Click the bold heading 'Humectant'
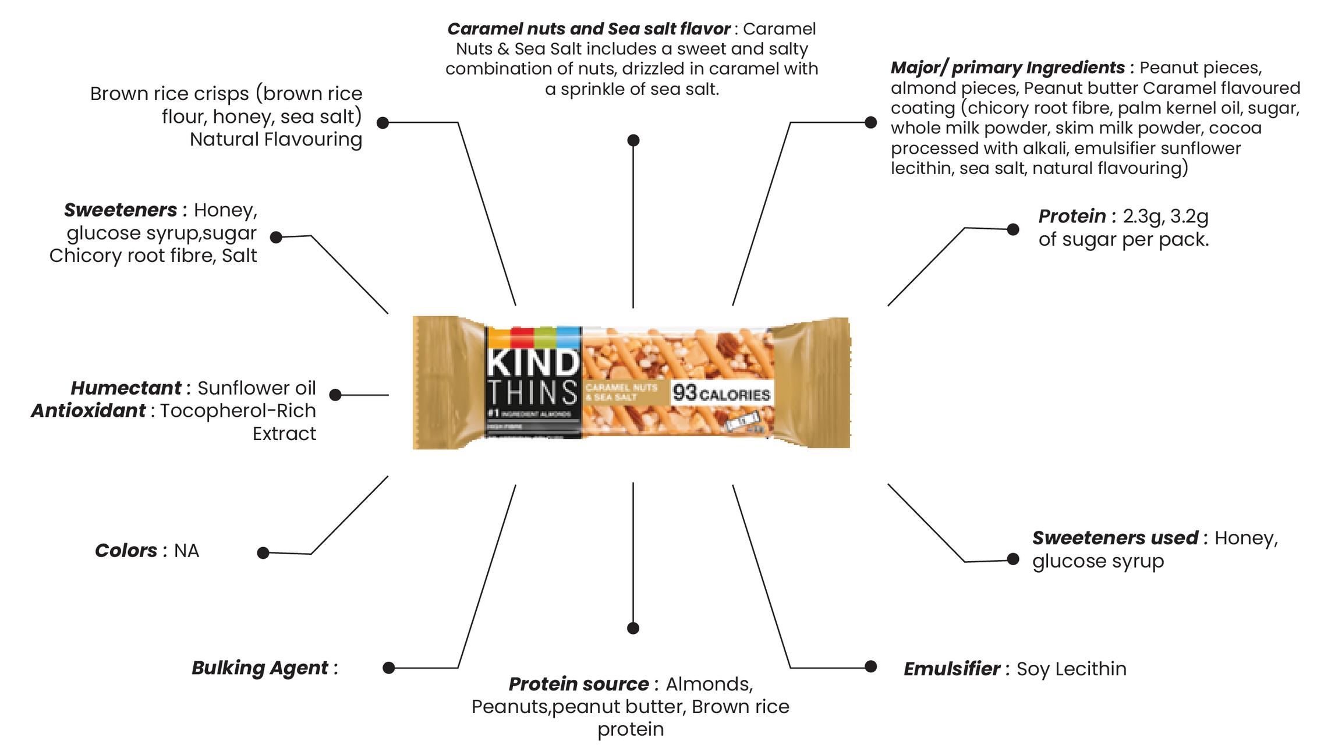(x=126, y=388)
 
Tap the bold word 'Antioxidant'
(x=88, y=410)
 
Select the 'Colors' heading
(x=126, y=550)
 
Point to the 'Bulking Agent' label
(x=260, y=668)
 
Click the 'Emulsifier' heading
(x=952, y=669)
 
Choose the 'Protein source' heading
(x=578, y=683)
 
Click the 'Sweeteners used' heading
(x=1115, y=538)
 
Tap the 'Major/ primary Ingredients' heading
(x=1007, y=68)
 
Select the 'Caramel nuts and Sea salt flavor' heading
(x=588, y=29)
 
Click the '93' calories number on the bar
(x=685, y=393)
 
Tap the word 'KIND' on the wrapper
(x=533, y=363)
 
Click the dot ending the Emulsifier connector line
(x=871, y=667)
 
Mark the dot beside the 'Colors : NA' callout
(x=263, y=552)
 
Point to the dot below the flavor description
(x=633, y=140)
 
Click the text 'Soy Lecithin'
(x=1071, y=669)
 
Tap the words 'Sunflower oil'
(x=256, y=388)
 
